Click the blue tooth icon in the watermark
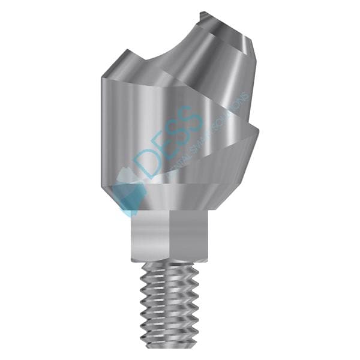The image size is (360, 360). click(x=129, y=189)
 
